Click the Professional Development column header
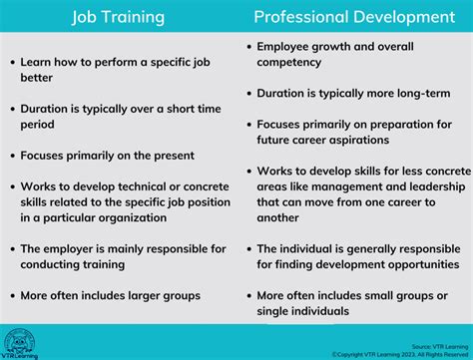click(354, 17)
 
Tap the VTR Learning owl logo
click(20, 341)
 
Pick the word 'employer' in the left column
click(79, 249)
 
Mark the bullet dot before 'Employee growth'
click(246, 47)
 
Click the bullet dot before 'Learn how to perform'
click(12, 62)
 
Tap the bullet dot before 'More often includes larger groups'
click(12, 296)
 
